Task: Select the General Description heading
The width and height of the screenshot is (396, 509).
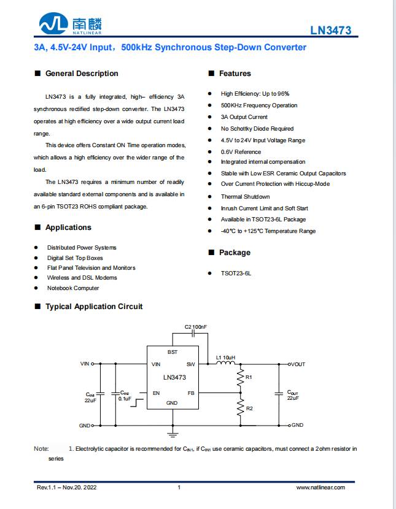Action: click(x=82, y=74)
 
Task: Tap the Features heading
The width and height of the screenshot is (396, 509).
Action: click(x=235, y=74)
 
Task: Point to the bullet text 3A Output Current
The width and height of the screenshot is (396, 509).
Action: click(x=244, y=117)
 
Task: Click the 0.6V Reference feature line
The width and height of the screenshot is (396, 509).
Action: click(x=241, y=151)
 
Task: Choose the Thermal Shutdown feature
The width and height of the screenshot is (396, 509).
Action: click(x=245, y=197)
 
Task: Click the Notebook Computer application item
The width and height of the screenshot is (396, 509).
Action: click(x=73, y=288)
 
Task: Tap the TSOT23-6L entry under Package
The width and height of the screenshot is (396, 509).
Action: click(x=236, y=274)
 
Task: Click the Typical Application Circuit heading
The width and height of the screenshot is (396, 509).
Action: click(x=94, y=307)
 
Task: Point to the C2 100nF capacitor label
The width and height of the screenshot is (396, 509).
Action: click(x=196, y=327)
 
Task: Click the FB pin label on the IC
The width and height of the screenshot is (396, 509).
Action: click(x=191, y=392)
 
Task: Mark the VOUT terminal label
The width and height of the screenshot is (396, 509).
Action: click(x=298, y=364)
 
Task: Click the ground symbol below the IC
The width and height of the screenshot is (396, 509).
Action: click(x=173, y=435)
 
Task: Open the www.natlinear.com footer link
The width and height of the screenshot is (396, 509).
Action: click(x=320, y=488)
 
